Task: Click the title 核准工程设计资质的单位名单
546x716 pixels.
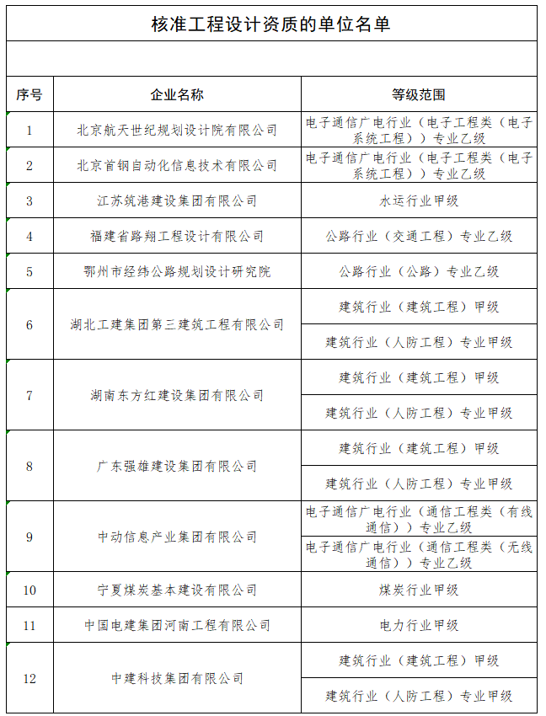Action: point(270,24)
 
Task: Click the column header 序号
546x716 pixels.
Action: point(29,94)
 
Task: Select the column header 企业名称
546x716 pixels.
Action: point(177,94)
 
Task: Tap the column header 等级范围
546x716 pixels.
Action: point(419,94)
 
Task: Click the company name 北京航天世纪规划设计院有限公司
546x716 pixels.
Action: point(177,130)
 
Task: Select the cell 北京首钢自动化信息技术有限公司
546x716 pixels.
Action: point(177,165)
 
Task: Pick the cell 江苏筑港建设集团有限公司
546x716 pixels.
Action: point(177,200)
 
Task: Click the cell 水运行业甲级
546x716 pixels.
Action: point(419,200)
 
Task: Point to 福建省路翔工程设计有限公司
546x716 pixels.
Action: point(177,236)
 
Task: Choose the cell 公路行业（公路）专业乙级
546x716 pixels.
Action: point(419,271)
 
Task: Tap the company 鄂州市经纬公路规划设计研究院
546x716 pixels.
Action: point(177,271)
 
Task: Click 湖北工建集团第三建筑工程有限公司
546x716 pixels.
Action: point(177,324)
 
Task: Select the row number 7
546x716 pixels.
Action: point(29,395)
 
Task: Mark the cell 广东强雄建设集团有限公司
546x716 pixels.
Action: point(177,466)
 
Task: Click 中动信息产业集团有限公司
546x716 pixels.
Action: point(177,537)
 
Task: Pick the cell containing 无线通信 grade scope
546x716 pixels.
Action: point(419,554)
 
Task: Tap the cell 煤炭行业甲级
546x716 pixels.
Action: point(419,590)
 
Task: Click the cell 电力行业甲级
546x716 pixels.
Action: point(419,625)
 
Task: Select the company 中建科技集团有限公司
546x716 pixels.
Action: point(177,678)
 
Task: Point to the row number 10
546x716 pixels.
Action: point(29,590)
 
